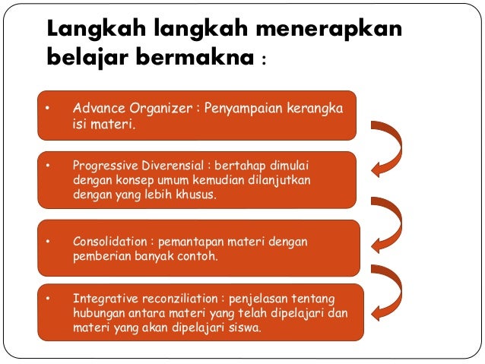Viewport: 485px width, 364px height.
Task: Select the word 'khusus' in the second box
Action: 193,195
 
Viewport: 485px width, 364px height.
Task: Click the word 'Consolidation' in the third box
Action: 109,242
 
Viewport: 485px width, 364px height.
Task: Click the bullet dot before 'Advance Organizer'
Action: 47,109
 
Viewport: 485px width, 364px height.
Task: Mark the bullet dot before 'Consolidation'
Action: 47,242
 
